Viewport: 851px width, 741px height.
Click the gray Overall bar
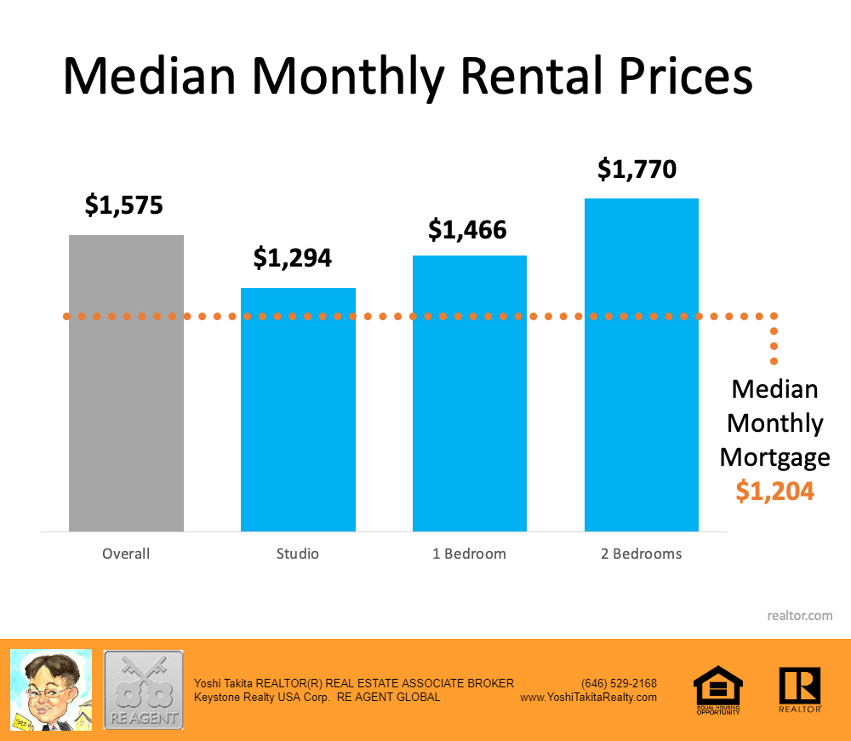(126, 383)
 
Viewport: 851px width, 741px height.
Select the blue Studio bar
(298, 409)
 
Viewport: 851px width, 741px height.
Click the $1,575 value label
(123, 205)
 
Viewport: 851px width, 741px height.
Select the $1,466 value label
(467, 229)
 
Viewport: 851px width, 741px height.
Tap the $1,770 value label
(637, 169)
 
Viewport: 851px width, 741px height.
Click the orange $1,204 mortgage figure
(775, 491)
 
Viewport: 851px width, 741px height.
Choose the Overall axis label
(126, 554)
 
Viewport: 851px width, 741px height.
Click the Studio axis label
(298, 554)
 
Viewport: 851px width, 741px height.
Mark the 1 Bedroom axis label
(469, 554)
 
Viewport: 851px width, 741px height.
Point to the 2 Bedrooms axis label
(641, 554)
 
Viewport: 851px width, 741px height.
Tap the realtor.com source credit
(799, 615)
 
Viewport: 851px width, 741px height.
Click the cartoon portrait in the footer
(50, 689)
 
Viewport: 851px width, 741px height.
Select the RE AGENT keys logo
(143, 689)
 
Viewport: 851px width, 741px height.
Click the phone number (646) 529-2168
(619, 683)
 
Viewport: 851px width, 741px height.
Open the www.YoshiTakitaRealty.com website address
(588, 697)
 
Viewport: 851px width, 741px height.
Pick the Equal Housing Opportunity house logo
(718, 688)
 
